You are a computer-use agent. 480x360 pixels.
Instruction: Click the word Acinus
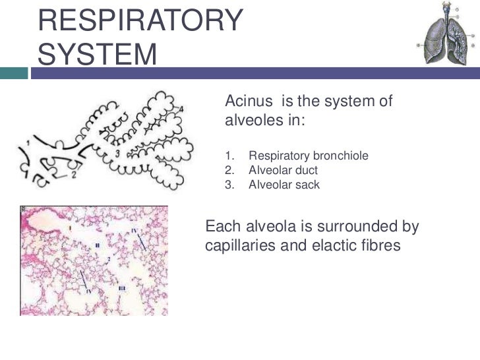[x=251, y=102]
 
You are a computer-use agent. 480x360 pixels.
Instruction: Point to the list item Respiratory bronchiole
[x=308, y=156]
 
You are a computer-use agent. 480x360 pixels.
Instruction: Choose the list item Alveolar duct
[x=284, y=171]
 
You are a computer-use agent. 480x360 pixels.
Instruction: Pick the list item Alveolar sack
[x=284, y=185]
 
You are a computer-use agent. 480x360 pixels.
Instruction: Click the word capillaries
[x=237, y=247]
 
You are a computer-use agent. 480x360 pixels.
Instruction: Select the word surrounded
[x=350, y=227]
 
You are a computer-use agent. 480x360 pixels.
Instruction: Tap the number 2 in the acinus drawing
[x=75, y=176]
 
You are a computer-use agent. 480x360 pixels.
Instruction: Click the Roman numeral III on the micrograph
[x=122, y=289]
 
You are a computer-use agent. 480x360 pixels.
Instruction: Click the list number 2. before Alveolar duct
[x=229, y=171]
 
